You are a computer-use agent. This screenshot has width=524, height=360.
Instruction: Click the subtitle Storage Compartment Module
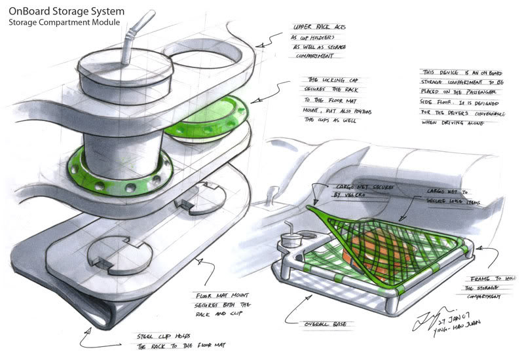64,22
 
